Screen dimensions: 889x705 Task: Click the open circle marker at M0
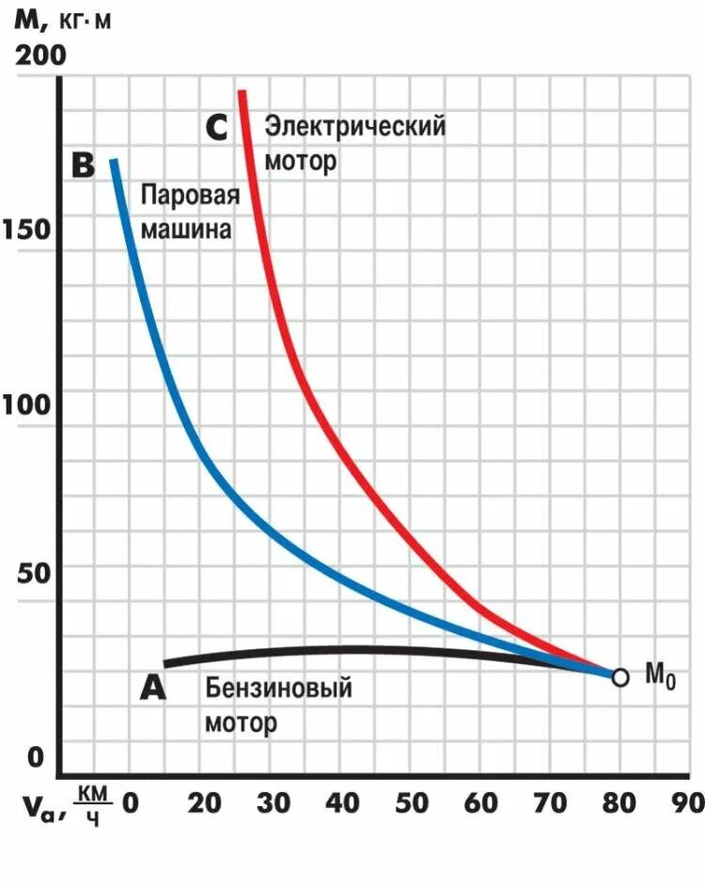[x=619, y=676]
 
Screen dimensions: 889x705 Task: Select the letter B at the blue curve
[x=85, y=167]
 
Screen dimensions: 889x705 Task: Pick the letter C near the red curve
[x=216, y=127]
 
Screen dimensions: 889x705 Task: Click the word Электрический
[x=354, y=125]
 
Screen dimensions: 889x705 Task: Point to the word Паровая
[x=191, y=195]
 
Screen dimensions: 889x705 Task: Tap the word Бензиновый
[x=279, y=688]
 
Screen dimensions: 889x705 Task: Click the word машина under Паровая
[x=186, y=229]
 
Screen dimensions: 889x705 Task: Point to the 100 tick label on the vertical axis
[x=31, y=407]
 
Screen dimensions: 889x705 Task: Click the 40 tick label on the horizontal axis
[x=345, y=802]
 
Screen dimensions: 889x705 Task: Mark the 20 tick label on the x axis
[x=207, y=802]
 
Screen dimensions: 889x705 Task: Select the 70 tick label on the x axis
[x=549, y=802]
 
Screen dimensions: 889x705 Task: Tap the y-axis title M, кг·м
[x=62, y=18]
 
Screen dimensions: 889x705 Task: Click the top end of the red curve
[x=242, y=92]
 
